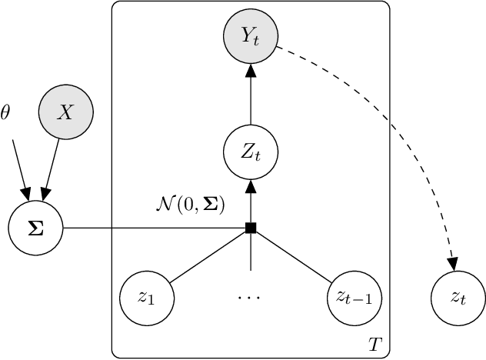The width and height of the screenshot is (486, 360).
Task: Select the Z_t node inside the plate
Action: point(250,152)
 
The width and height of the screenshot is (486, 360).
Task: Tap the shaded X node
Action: point(66,114)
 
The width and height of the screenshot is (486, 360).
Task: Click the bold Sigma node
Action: point(35,228)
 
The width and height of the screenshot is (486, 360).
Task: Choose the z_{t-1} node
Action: point(354,298)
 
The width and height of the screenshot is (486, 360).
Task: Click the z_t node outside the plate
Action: point(458,298)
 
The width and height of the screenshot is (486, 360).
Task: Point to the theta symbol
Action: point(6,113)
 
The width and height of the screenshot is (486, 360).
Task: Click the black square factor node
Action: point(250,228)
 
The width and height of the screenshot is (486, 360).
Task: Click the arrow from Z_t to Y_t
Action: point(250,95)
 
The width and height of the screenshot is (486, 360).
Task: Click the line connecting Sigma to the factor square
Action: point(154,228)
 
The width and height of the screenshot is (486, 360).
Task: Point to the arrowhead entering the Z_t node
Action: point(250,186)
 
